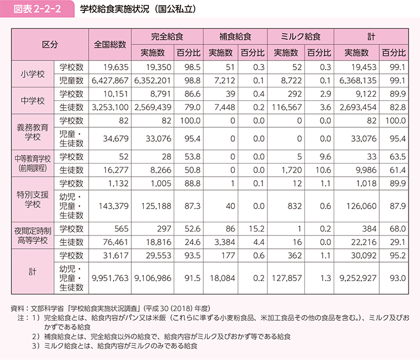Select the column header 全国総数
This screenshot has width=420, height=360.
pos(110,44)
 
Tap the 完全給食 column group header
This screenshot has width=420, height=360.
pos(167,36)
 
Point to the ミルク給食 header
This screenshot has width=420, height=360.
pos(300,36)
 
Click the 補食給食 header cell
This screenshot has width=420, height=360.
pos(234,36)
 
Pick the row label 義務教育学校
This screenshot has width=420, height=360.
pos(32,129)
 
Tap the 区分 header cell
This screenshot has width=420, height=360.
pos(49,44)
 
